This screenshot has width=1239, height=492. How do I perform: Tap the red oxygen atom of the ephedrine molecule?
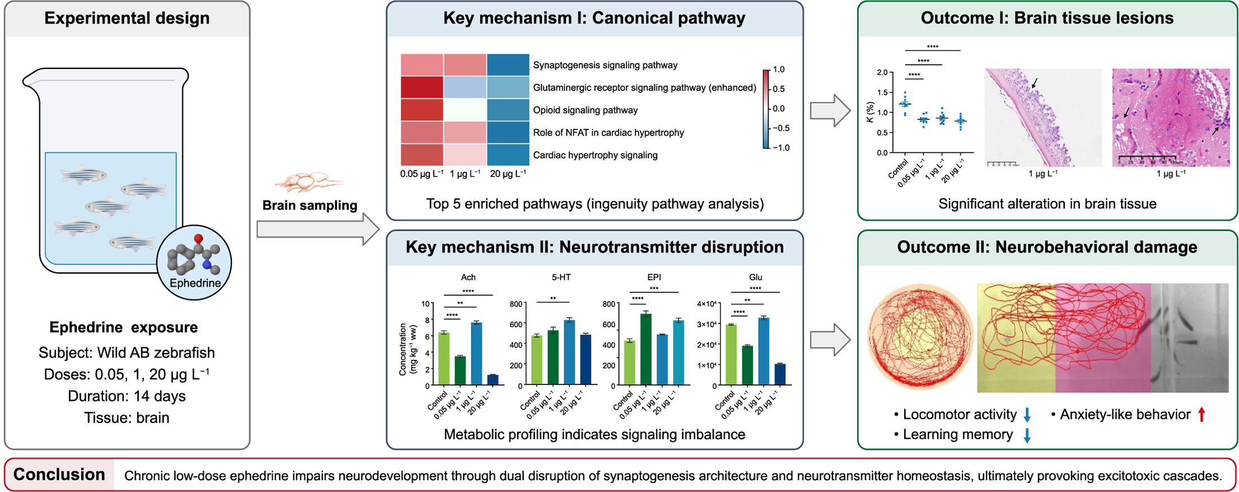coord(198,239)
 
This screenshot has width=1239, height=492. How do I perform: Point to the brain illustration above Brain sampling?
coord(307,182)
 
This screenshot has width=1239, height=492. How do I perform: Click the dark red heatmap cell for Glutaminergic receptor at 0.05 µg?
coord(422,87)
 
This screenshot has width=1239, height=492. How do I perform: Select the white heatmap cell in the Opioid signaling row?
coord(465,110)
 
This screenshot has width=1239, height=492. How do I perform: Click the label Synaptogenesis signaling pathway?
coord(605,65)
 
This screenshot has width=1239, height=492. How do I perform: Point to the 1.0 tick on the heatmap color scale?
coord(779,69)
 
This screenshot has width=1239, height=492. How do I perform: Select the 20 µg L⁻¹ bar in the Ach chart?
coord(493,379)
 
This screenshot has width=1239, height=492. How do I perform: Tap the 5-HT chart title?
coord(561,277)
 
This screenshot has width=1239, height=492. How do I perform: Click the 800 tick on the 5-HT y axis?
coord(516,304)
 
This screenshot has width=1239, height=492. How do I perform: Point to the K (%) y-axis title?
coord(869,112)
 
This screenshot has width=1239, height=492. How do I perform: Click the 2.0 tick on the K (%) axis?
coord(882,72)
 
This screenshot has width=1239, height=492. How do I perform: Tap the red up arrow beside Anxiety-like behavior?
coord(1201,415)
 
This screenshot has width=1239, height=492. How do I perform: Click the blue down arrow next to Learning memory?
coord(1027,435)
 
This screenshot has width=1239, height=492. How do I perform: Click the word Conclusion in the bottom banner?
coord(59,475)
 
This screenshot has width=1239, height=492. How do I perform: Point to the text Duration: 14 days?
coord(127,396)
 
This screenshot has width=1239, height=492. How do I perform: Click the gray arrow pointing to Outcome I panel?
coord(830,110)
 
